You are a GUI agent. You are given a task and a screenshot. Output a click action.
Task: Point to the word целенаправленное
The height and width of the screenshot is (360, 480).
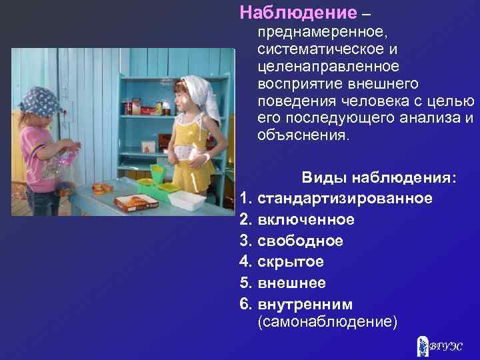pyautogui.click(x=328, y=67)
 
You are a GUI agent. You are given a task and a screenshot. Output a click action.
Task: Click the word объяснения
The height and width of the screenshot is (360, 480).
pyautogui.click(x=302, y=135)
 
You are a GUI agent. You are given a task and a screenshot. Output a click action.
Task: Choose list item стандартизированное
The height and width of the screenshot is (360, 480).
pyautogui.click(x=344, y=198)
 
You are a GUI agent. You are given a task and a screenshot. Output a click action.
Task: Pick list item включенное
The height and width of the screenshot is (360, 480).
pyautogui.click(x=306, y=219)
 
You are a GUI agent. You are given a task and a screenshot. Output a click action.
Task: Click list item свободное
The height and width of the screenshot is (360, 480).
pyautogui.click(x=300, y=241)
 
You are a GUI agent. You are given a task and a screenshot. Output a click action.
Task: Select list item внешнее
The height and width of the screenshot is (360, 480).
pyautogui.click(x=291, y=283)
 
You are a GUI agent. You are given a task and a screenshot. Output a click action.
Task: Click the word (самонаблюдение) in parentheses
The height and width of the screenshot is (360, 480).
pyautogui.click(x=327, y=323)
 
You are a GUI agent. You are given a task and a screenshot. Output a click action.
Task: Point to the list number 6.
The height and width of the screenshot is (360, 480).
pyautogui.click(x=245, y=304)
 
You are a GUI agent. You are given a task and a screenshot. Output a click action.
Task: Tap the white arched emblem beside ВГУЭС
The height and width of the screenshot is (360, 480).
pyautogui.click(x=421, y=346)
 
